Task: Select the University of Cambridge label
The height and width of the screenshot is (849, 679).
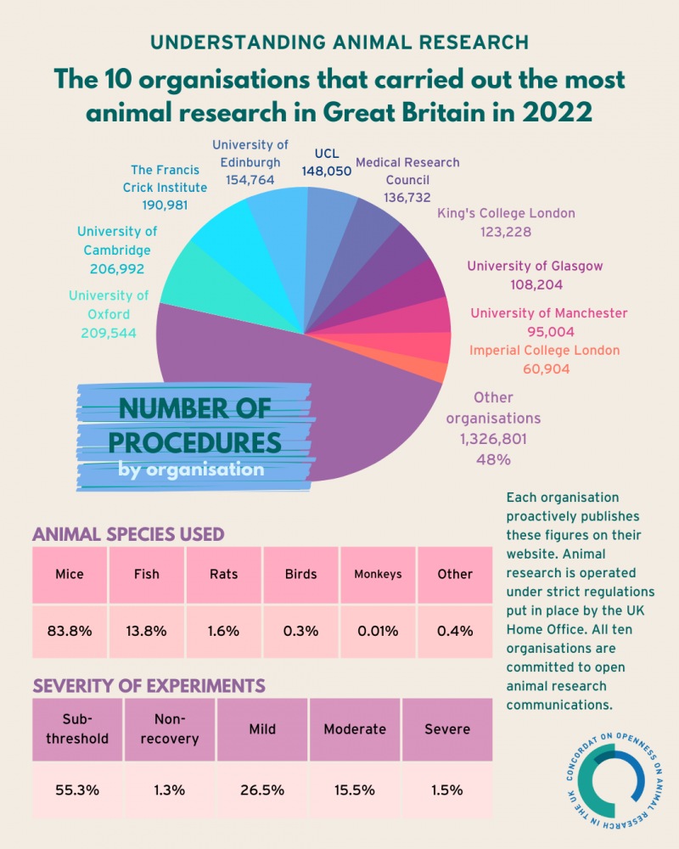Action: tap(117, 240)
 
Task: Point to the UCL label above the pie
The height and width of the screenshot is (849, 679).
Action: tap(326, 154)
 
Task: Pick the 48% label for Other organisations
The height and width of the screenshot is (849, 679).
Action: tap(492, 459)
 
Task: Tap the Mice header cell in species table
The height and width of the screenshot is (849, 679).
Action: tap(69, 574)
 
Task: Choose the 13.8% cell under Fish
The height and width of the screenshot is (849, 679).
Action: tap(147, 631)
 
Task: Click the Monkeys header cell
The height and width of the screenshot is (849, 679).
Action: tap(378, 574)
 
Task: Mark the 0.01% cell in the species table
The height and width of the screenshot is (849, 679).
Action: tap(378, 631)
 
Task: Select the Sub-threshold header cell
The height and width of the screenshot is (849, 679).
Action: tap(77, 729)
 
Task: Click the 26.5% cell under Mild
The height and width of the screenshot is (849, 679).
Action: tap(262, 790)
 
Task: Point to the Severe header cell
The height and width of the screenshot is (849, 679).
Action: tap(447, 729)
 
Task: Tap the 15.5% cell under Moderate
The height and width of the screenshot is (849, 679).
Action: tap(355, 790)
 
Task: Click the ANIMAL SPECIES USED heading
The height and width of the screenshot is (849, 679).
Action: tap(128, 534)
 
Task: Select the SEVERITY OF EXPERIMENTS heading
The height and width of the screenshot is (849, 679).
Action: tap(149, 685)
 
